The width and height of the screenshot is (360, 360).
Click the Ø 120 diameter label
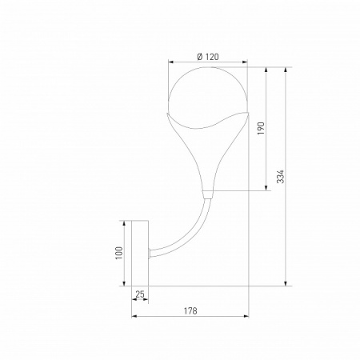(208, 56)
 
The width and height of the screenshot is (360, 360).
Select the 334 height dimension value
(280, 177)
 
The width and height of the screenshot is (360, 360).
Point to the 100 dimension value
(118, 253)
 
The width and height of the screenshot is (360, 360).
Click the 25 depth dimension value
(140, 295)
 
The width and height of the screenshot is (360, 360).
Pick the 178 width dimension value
(189, 310)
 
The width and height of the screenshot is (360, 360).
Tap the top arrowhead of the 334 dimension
(286, 70)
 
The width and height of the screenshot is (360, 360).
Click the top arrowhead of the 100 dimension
(126, 223)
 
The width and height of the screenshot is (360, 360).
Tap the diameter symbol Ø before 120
(198, 56)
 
